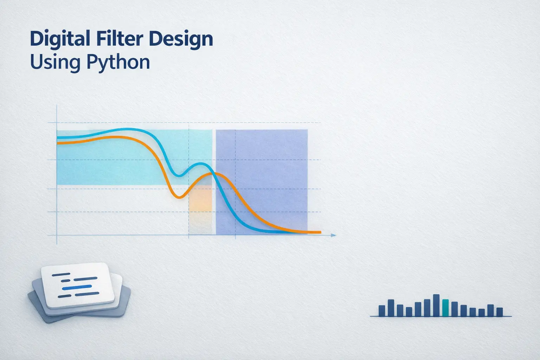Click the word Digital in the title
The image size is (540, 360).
click(x=60, y=39)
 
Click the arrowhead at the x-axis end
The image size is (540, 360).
click(x=334, y=235)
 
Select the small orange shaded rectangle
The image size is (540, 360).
click(x=200, y=199)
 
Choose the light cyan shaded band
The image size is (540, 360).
click(x=105, y=165)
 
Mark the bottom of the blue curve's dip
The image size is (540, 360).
click(x=178, y=175)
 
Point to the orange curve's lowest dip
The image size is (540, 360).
click(x=178, y=197)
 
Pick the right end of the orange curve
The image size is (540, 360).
click(x=320, y=232)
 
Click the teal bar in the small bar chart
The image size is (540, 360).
click(x=445, y=308)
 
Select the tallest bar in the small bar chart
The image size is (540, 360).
click(x=436, y=305)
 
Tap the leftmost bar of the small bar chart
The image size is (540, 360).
click(x=382, y=311)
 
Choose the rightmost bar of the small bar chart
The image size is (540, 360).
click(x=499, y=312)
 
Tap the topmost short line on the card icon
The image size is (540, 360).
click(x=60, y=274)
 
